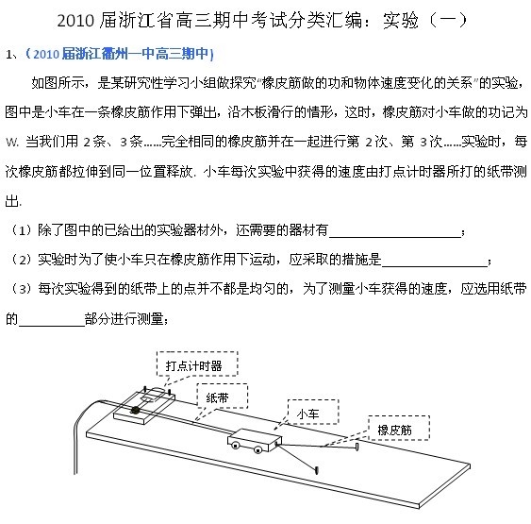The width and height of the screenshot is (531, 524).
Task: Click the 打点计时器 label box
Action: click(197, 363)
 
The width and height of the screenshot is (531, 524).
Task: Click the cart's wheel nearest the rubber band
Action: click(258, 450)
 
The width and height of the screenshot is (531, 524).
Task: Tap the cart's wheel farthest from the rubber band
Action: click(235, 445)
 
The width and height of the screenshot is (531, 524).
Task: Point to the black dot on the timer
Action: click(136, 410)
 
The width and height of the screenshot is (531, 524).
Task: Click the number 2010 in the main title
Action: click(75, 21)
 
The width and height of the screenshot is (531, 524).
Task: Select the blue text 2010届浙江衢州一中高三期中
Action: click(120, 54)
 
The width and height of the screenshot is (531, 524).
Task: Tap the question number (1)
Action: click(22, 230)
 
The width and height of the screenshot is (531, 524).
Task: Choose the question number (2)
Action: click(22, 260)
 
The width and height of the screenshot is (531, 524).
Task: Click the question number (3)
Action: click(22, 290)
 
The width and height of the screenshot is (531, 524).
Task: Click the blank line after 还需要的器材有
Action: click(395, 237)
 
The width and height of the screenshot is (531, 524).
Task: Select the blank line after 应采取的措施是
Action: click(435, 266)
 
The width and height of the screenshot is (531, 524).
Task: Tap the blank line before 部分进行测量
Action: click(52, 326)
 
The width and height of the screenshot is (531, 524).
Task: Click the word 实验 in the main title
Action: click(401, 21)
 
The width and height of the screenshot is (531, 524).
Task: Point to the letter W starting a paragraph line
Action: click(11, 143)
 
